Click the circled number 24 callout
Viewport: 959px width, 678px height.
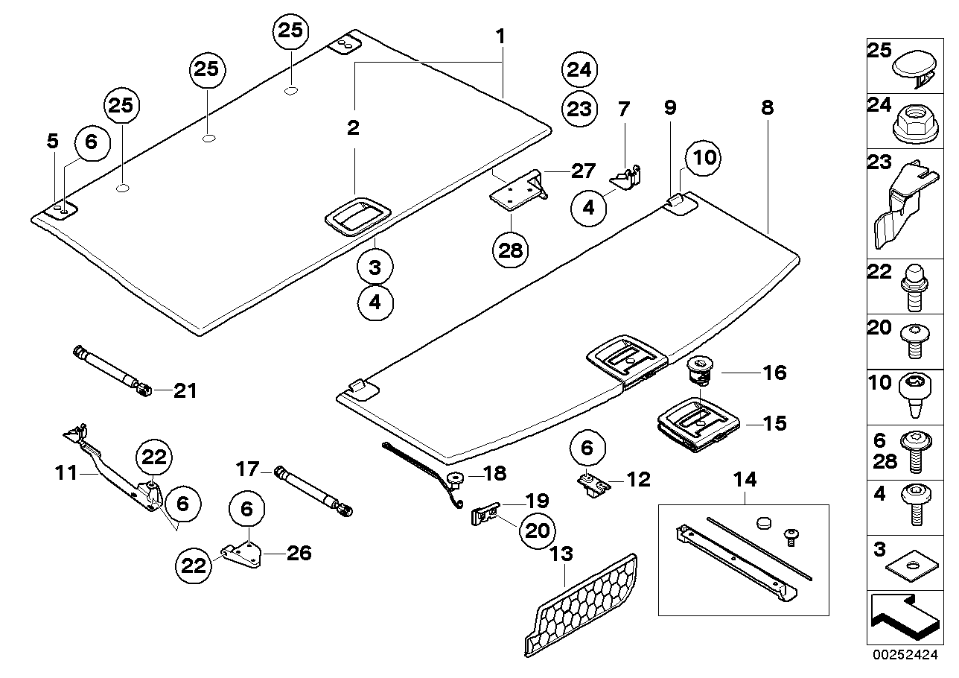[579, 70]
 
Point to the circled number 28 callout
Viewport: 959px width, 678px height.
[511, 250]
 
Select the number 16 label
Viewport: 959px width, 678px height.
[774, 372]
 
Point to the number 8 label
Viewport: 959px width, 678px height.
[767, 108]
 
